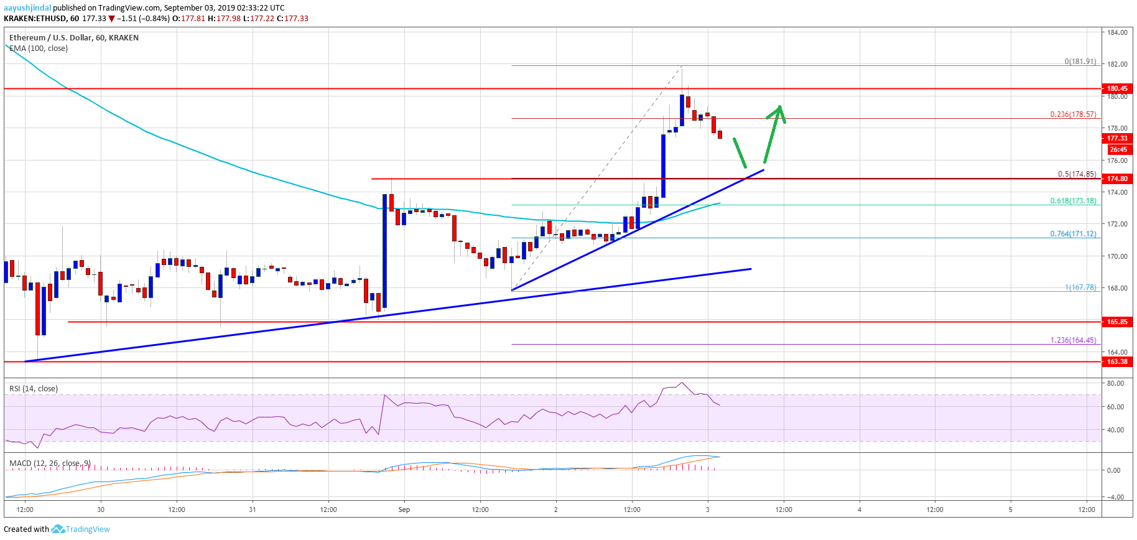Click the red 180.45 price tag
[1116, 88]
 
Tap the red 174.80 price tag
[1116, 179]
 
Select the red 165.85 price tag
[1116, 322]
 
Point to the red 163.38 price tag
[1116, 361]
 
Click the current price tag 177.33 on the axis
[1116, 138]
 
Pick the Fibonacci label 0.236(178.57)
[1073, 114]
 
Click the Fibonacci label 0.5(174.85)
[1077, 174]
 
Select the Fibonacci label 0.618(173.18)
[1073, 201]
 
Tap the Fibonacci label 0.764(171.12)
[1073, 234]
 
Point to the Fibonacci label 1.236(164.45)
[1073, 340]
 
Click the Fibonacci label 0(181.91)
[1080, 62]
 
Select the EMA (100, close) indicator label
[39, 49]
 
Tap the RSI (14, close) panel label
[34, 389]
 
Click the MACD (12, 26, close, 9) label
[50, 463]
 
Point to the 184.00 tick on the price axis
[1116, 32]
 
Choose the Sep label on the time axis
[404, 510]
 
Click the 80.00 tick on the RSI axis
[1115, 383]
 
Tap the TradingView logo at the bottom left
[80, 529]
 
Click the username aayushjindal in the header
[27, 8]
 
